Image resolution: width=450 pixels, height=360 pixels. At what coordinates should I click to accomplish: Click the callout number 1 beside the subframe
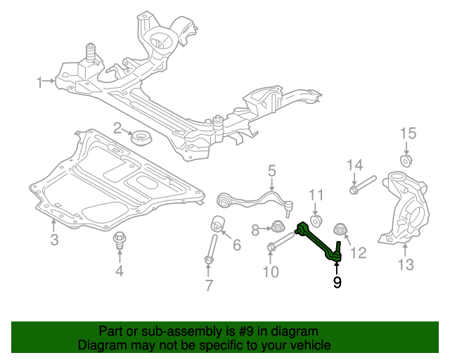(x=40, y=82)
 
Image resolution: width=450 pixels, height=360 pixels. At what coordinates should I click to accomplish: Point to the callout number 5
(x=271, y=170)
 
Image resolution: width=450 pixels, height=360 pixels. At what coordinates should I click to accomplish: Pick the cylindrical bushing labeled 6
(x=219, y=224)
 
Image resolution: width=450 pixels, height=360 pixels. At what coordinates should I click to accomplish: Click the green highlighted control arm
(x=319, y=243)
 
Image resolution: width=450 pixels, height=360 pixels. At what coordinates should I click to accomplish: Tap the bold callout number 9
(x=337, y=283)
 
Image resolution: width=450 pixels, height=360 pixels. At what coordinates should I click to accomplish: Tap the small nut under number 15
(x=406, y=159)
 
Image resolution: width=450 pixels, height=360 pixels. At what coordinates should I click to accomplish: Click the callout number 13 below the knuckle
(x=406, y=265)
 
